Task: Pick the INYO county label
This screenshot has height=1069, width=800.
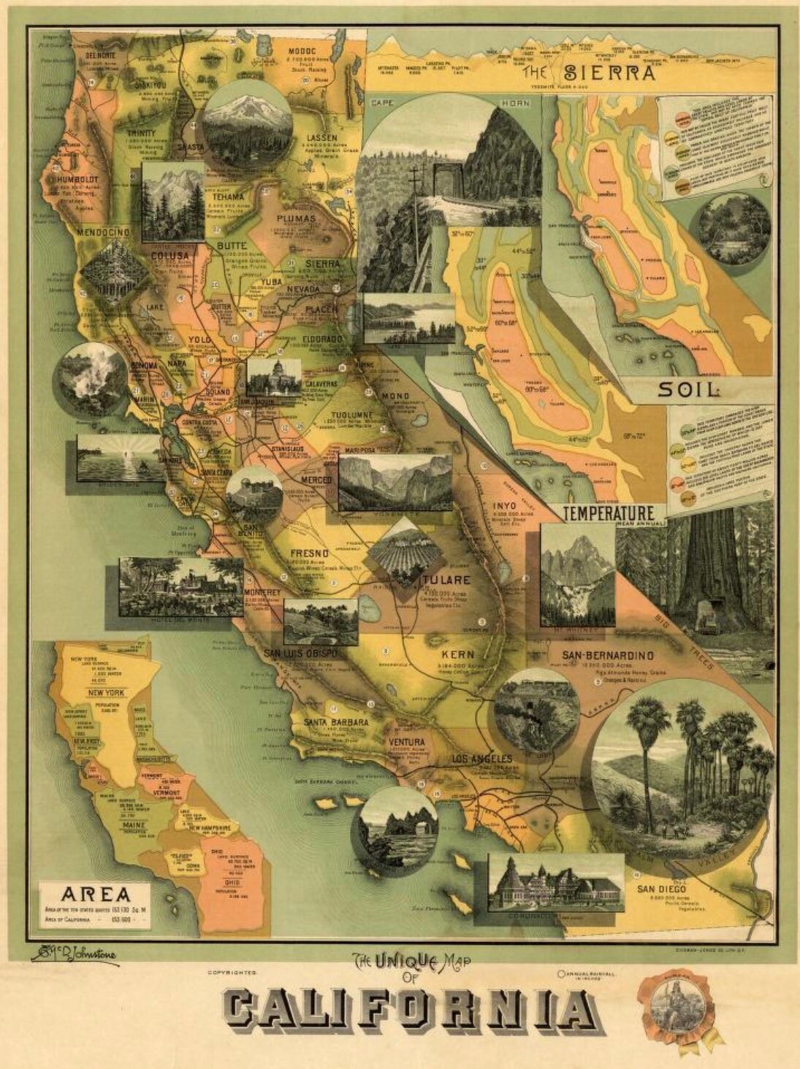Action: [504, 505]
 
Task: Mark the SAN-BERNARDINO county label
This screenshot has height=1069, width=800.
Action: [607, 655]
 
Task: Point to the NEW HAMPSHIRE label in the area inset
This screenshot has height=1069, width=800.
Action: [210, 827]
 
